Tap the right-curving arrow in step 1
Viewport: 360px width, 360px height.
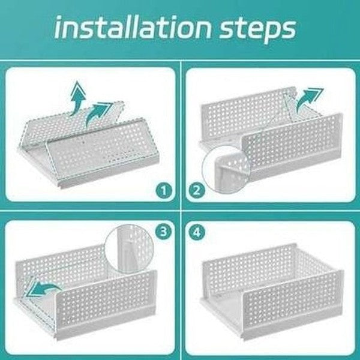[x=97, y=113]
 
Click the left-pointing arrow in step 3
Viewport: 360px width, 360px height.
[x=45, y=289]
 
